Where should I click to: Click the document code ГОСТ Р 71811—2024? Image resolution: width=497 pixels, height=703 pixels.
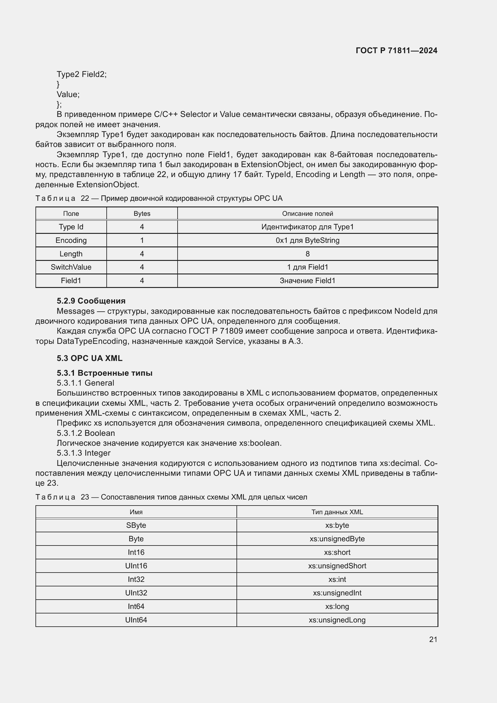[x=396, y=50]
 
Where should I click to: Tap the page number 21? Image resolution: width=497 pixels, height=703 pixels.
[x=433, y=639]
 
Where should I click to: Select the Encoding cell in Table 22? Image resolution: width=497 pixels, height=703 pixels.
[x=71, y=240]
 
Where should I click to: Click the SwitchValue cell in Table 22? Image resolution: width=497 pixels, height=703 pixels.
[x=71, y=267]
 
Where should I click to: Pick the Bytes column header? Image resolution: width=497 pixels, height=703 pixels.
[x=142, y=213]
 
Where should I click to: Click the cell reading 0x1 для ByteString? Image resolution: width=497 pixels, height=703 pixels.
[x=307, y=240]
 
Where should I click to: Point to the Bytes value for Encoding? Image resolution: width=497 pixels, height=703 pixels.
[x=142, y=240]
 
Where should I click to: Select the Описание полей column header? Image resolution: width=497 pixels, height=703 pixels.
[x=307, y=213]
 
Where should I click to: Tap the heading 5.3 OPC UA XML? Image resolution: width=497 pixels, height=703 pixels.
[x=89, y=358]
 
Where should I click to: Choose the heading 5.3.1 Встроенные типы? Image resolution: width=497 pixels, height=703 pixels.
[x=104, y=373]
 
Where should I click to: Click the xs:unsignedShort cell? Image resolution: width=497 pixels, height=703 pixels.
[x=337, y=566]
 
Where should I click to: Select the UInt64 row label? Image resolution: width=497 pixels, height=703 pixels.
[x=136, y=620]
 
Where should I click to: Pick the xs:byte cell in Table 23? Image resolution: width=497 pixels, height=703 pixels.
[x=337, y=525]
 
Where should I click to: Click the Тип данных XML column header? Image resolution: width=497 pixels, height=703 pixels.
[x=337, y=512]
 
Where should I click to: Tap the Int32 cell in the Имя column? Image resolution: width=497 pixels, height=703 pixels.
[x=136, y=579]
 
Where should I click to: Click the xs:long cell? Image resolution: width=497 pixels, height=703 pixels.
[x=337, y=606]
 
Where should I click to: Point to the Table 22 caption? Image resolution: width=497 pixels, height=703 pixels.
[x=159, y=198]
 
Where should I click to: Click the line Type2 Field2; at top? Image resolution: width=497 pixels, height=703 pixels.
[x=81, y=74]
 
